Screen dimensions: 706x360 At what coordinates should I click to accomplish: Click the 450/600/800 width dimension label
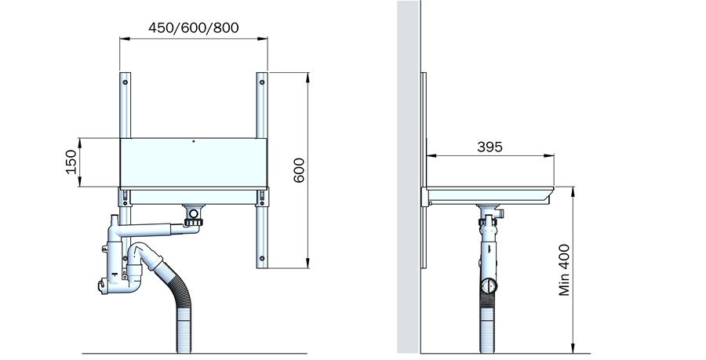click(x=194, y=28)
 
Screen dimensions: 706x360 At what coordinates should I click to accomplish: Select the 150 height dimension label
click(x=71, y=162)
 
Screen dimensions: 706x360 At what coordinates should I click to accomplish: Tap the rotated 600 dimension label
click(x=299, y=170)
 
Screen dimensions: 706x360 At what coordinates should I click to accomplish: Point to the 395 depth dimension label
click(x=489, y=147)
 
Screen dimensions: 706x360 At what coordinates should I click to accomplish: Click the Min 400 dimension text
click(x=564, y=270)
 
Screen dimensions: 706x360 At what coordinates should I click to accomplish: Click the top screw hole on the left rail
click(x=125, y=83)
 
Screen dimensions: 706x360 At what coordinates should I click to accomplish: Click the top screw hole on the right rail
click(x=262, y=83)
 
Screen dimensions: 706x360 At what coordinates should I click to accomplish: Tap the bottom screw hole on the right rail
click(x=262, y=259)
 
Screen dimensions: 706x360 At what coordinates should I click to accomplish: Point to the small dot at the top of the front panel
click(x=194, y=141)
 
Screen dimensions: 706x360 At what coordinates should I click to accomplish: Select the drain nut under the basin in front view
click(x=194, y=222)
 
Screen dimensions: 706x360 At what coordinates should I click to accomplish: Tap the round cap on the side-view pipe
click(x=489, y=285)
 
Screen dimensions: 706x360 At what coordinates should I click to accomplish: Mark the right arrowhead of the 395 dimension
click(x=549, y=156)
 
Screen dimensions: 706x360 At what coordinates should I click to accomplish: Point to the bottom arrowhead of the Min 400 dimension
click(x=573, y=348)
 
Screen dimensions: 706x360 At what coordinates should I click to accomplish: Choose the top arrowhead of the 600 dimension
click(x=308, y=78)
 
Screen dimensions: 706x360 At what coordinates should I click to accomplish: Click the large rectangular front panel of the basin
click(x=194, y=162)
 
